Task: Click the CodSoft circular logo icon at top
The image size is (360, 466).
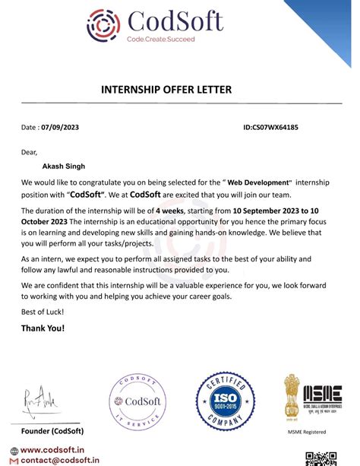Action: [103, 25]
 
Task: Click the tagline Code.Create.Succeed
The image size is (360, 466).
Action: [160, 39]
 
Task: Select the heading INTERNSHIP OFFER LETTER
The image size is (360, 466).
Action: [166, 90]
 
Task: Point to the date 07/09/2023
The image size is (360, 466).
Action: [60, 127]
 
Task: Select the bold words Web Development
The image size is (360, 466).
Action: [259, 183]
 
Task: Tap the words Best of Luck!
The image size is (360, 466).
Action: [43, 312]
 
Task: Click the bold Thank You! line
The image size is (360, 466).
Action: [43, 328]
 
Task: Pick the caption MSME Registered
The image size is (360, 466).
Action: [307, 433]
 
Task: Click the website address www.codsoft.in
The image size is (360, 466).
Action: [52, 450]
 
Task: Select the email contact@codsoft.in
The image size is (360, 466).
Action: [59, 460]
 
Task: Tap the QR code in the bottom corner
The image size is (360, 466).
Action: [321, 458]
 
